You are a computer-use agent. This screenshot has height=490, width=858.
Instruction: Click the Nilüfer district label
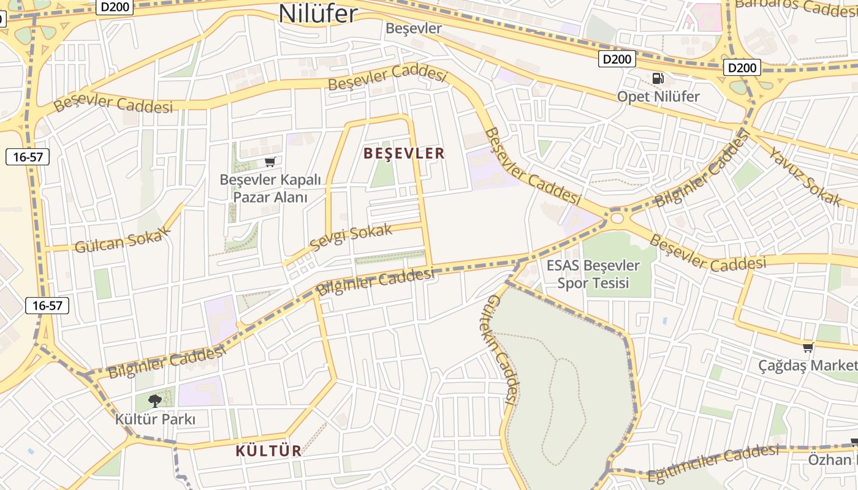pos(318,13)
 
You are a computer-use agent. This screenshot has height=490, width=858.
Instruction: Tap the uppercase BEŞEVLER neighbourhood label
pos(404,153)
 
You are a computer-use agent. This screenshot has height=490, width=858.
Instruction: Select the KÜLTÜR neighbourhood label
pos(269,451)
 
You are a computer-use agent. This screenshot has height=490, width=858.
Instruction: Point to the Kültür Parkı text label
pos(155,420)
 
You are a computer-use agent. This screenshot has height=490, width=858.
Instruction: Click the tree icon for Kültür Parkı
pos(155,401)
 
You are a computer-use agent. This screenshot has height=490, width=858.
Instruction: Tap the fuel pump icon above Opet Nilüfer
pos(658,78)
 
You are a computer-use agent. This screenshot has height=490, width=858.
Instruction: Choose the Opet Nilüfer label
pos(658,96)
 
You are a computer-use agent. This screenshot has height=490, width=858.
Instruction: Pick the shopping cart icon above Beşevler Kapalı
pos(270,162)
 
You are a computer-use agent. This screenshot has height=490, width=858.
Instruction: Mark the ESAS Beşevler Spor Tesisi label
pos(593,274)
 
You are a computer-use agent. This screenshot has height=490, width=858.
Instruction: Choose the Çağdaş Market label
pos(808,366)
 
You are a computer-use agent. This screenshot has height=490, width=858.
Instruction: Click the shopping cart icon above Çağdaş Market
pos(808,347)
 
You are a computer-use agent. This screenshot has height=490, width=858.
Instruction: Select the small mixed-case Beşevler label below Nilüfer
pos(414,28)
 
